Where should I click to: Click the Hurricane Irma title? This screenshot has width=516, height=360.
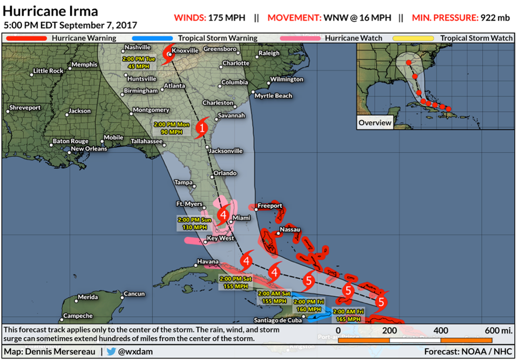[x=51, y=11]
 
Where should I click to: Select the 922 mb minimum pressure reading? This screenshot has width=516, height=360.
[x=495, y=17]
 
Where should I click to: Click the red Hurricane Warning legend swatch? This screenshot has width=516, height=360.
[x=27, y=38]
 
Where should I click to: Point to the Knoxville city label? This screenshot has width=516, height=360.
[x=186, y=51]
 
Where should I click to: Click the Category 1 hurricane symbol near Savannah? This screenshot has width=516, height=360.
[x=201, y=128]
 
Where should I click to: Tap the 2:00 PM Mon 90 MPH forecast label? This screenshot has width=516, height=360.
[x=171, y=127]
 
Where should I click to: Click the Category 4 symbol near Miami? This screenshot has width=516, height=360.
[x=223, y=215]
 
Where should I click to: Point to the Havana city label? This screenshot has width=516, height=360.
[x=207, y=262]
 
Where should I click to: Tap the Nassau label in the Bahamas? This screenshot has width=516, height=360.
[x=290, y=230]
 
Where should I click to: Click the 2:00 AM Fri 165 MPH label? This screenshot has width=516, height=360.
[x=348, y=315]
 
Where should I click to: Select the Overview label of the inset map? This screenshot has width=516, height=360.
[x=374, y=123]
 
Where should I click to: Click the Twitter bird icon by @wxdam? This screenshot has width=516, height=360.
[x=111, y=351]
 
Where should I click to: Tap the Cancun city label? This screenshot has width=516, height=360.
[x=134, y=294]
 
